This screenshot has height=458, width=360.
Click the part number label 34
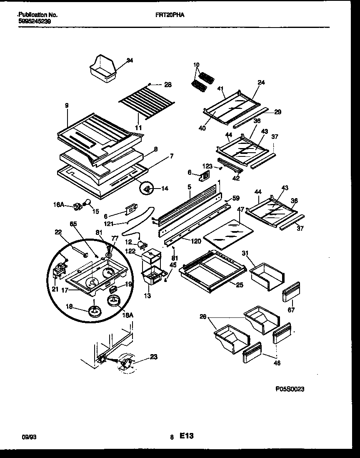[130, 60]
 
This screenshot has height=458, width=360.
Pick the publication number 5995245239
[35, 20]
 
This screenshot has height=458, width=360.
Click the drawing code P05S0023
[290, 389]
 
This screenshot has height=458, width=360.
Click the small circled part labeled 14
[147, 189]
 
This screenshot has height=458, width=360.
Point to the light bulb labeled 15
[87, 203]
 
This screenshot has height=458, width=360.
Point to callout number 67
[291, 310]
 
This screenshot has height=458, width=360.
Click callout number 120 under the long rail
[195, 242]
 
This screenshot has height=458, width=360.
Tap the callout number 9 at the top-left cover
[67, 106]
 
